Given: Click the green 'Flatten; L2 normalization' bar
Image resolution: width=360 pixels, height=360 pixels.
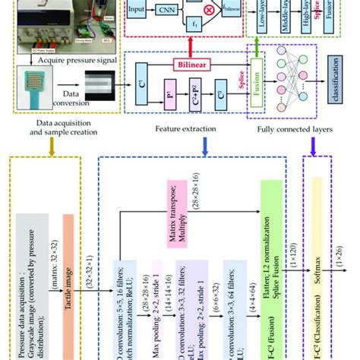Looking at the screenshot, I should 267,273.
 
